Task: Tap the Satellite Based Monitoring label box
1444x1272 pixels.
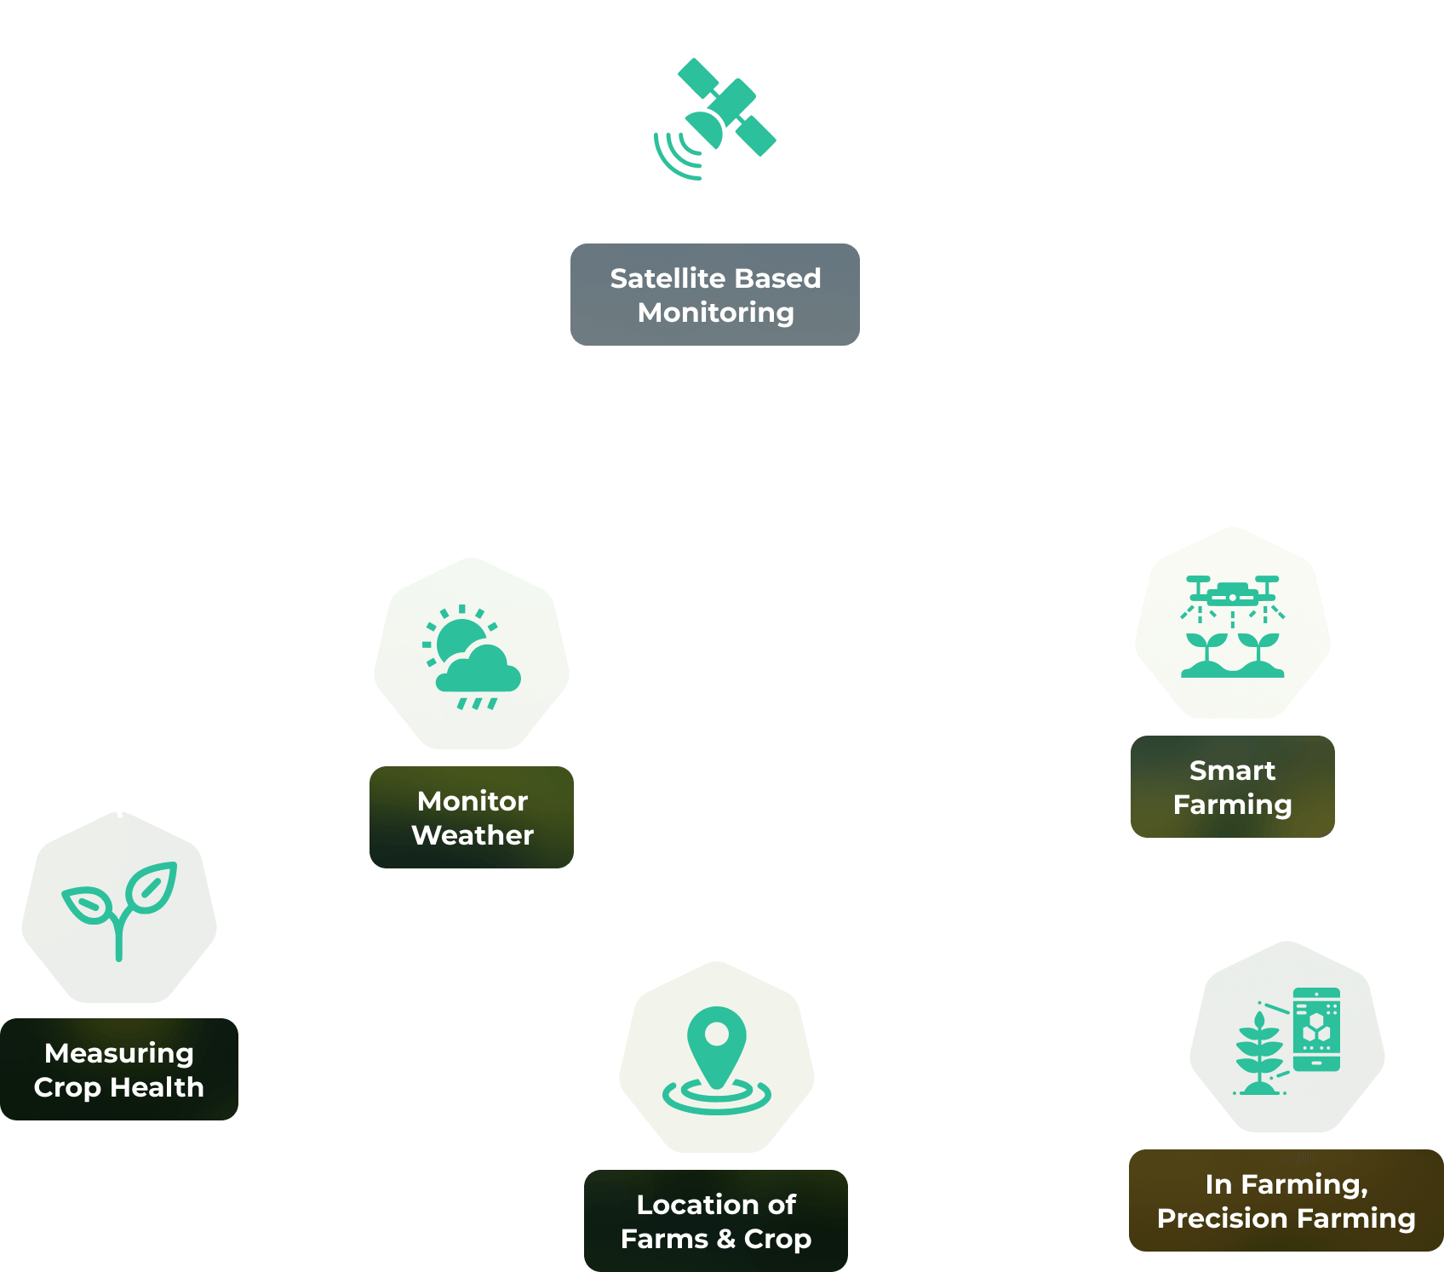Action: click(x=715, y=295)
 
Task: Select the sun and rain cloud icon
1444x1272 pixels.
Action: click(x=472, y=656)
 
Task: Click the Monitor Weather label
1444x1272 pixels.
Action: click(x=472, y=817)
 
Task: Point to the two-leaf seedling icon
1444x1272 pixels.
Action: click(x=120, y=908)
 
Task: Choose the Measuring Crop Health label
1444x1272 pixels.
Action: click(x=119, y=1069)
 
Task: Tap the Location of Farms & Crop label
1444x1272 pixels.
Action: click(x=716, y=1221)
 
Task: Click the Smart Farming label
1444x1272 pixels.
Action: click(x=1232, y=787)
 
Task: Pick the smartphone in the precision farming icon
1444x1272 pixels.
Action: click(x=1316, y=1029)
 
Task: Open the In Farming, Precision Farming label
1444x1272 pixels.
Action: click(x=1286, y=1200)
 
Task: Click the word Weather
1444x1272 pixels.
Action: click(x=473, y=835)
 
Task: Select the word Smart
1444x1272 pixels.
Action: click(x=1232, y=771)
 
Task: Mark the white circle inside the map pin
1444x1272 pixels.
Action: click(x=717, y=1034)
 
